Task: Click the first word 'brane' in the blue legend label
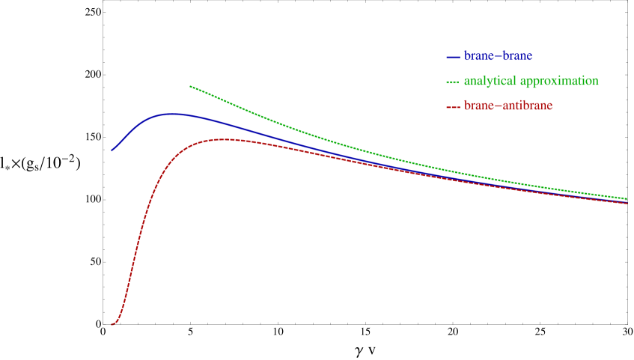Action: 478,56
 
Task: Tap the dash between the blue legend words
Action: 497,57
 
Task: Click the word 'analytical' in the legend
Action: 490,81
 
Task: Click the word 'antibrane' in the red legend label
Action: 527,106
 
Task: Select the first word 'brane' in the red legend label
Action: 478,106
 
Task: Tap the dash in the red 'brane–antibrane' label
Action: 497,106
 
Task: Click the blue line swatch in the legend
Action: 453,57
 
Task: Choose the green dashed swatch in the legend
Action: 453,81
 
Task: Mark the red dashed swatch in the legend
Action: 453,106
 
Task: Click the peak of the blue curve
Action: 172,114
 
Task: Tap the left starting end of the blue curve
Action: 112,150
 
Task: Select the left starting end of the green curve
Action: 190,86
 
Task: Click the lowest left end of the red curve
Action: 112,324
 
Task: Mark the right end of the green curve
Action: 627,198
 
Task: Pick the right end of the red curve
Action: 627,204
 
